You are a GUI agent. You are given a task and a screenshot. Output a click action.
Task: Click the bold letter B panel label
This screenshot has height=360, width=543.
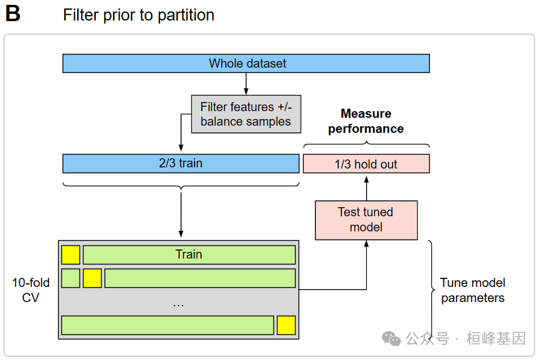[x=13, y=14]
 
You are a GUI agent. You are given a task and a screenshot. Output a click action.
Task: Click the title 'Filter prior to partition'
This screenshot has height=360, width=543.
[x=138, y=15]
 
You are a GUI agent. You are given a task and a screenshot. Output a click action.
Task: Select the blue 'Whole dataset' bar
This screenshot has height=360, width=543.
[x=246, y=63]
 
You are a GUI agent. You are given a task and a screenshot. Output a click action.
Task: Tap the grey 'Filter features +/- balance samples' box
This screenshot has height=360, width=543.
[x=246, y=114]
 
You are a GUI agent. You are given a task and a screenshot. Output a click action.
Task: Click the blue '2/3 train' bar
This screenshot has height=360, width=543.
[x=181, y=164]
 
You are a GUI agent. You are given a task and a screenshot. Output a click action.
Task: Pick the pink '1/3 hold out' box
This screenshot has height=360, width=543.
[x=366, y=164]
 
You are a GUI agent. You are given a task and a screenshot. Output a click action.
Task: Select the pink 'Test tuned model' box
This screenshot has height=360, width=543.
[x=366, y=220]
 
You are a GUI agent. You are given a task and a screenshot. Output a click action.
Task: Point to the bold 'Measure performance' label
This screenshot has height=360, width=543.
[x=366, y=121]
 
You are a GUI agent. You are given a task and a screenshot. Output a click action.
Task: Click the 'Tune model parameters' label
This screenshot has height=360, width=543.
[x=472, y=290]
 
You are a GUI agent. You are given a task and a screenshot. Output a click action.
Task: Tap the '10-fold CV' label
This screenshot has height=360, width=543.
[x=31, y=290]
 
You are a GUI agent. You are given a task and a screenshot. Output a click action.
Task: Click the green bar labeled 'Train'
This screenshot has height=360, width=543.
[x=189, y=255]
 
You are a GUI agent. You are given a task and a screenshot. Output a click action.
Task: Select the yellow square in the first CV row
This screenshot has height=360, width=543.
[x=71, y=255]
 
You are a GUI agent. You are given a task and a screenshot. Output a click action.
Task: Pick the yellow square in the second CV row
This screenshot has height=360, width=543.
[x=92, y=278]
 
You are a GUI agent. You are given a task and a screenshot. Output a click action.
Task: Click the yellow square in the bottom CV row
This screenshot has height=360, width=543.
[x=286, y=325]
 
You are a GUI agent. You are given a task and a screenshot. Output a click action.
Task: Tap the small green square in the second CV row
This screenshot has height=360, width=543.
[x=71, y=278]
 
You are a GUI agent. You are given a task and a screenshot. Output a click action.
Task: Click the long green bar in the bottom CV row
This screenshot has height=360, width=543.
[x=167, y=325]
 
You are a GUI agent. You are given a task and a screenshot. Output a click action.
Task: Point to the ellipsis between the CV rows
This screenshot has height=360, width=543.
[x=178, y=304]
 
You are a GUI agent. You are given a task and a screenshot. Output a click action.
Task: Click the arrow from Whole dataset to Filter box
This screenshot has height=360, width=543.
[x=246, y=84]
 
